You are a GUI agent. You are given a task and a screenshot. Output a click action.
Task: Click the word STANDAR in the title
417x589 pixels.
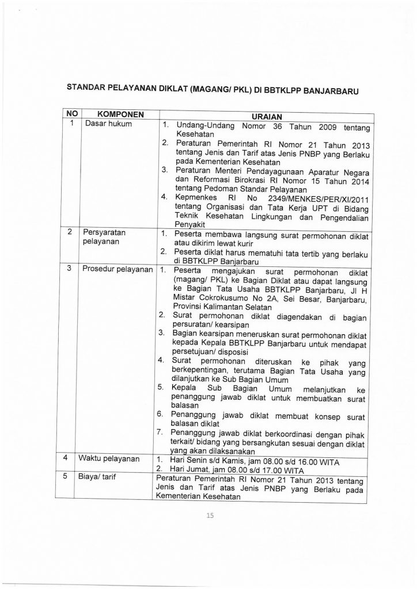[x=88, y=88]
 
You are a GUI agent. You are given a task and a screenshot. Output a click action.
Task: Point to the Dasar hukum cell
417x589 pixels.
[x=107, y=123]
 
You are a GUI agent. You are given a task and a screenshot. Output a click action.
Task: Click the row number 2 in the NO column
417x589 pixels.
[x=70, y=232]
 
